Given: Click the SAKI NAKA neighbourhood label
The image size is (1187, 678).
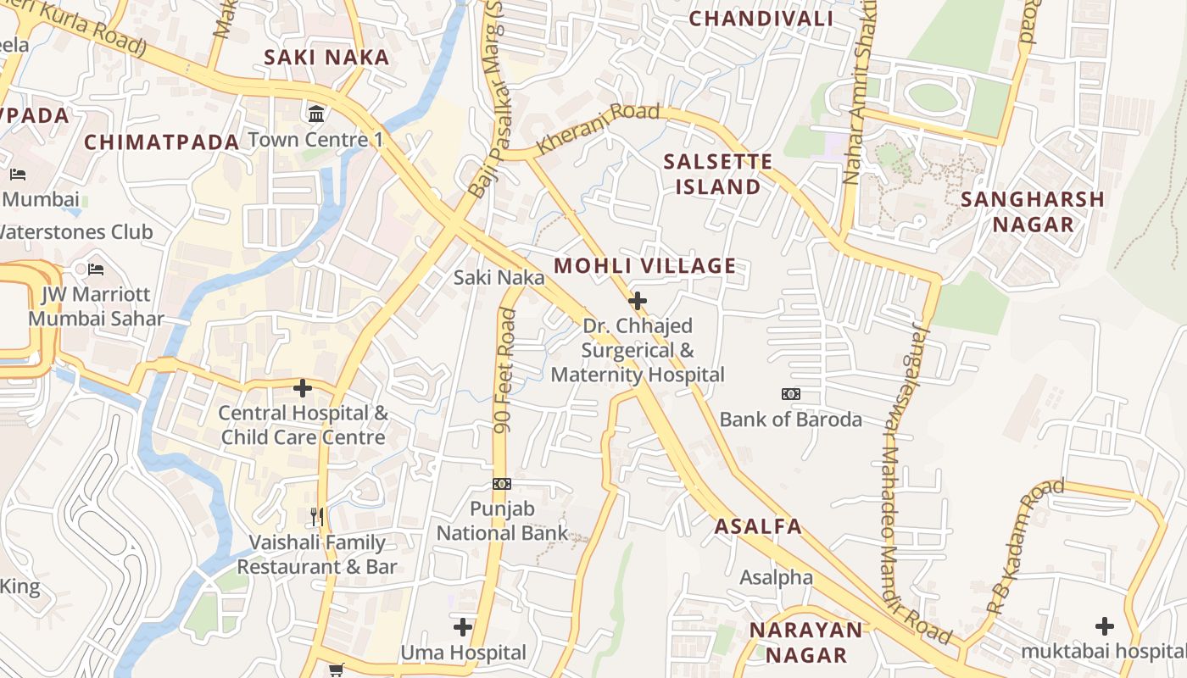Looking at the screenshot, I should click(326, 58).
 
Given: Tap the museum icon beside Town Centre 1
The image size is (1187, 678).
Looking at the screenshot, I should click(316, 114).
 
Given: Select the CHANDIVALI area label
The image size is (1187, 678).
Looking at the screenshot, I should click(761, 19).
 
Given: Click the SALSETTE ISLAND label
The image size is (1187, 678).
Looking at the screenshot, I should click(718, 174).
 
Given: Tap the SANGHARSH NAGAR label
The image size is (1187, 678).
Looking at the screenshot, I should click(1033, 212).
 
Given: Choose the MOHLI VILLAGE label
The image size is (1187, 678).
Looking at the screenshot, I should click(645, 266).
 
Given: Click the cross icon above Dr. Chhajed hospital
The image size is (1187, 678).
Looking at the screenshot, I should click(638, 301).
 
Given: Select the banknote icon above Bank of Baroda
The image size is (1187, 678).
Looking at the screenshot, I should click(790, 394).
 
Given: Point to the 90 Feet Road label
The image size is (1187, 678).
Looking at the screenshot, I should click(505, 371).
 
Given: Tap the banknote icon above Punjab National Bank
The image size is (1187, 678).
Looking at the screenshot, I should click(502, 484).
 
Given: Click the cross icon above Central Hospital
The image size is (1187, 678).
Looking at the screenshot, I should click(303, 388).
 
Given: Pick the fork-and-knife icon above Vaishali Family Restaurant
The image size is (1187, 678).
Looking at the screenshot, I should click(317, 517).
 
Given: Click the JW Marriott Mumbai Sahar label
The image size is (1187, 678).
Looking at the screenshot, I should click(96, 307).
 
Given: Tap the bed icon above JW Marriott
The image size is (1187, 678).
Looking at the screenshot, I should click(96, 270).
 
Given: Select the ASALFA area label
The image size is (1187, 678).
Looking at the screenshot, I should click(758, 526).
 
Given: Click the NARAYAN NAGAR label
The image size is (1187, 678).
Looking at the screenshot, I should click(805, 642).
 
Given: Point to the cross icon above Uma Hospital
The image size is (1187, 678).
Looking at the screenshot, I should click(463, 627).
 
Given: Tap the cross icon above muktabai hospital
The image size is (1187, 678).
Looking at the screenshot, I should click(1104, 626).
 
